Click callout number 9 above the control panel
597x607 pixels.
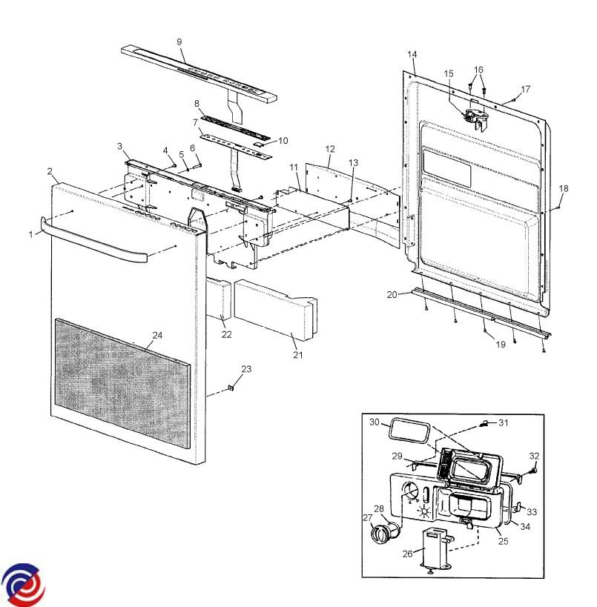tap(179, 42)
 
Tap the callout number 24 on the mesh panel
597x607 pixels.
tap(156, 335)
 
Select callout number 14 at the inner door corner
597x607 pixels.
tap(412, 54)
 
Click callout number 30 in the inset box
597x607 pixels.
tap(375, 421)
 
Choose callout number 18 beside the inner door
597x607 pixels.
tap(564, 189)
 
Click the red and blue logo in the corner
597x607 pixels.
tap(22, 584)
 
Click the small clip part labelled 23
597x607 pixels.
tap(231, 387)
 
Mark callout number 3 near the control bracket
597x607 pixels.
tap(119, 146)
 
